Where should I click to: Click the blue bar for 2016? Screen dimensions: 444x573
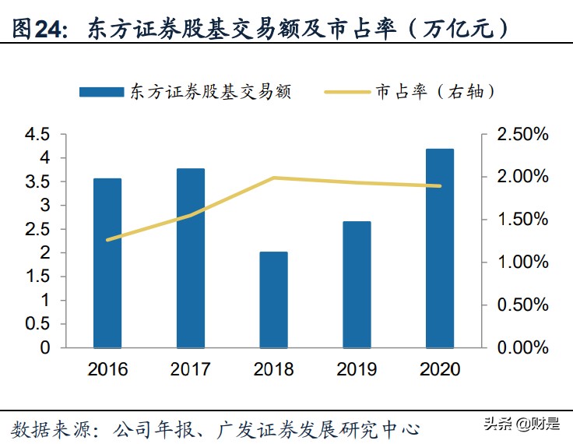click(107, 263)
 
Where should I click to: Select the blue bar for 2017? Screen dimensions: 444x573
click(191, 258)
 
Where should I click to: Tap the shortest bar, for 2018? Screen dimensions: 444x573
click(273, 300)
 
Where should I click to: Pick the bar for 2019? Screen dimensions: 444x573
click(357, 284)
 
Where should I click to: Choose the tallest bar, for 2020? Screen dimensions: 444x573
click(440, 248)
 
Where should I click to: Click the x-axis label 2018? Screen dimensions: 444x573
click(273, 368)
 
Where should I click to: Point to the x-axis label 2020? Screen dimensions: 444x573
click(440, 368)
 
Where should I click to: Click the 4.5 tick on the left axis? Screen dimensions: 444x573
click(37, 135)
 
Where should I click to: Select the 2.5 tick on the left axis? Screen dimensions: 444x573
click(37, 230)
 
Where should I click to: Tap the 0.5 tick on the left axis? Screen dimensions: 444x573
click(37, 324)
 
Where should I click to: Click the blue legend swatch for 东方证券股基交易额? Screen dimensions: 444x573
click(101, 91)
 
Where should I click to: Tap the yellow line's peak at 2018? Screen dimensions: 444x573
click(273, 178)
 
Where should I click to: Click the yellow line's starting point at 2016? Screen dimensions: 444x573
click(107, 240)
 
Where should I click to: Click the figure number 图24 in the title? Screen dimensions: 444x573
click(36, 29)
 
